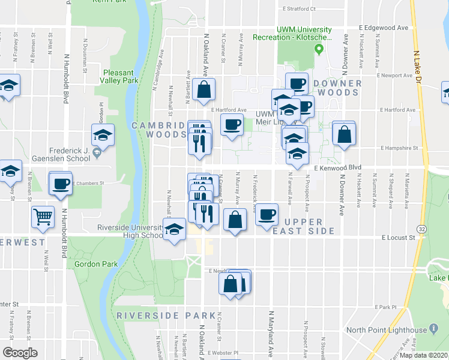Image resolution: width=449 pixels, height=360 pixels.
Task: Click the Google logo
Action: [x=20, y=352]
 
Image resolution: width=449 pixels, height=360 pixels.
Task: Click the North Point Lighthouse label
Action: [x=386, y=330]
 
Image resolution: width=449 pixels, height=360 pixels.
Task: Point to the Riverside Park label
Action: [x=166, y=316]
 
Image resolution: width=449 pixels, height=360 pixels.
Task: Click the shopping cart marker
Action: [x=43, y=218]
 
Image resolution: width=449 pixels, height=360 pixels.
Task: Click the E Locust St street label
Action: [x=399, y=238]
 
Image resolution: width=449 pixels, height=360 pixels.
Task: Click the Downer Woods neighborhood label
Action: [x=338, y=88]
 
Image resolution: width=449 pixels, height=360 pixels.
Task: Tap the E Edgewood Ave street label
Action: [x=384, y=28]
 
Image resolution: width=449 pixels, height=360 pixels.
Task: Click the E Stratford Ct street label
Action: [x=298, y=10]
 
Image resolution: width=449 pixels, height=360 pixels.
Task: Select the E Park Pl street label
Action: [x=385, y=307]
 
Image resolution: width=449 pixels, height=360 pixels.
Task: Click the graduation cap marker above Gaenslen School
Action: [x=103, y=136]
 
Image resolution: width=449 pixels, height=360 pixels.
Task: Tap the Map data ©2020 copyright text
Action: [x=424, y=355]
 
